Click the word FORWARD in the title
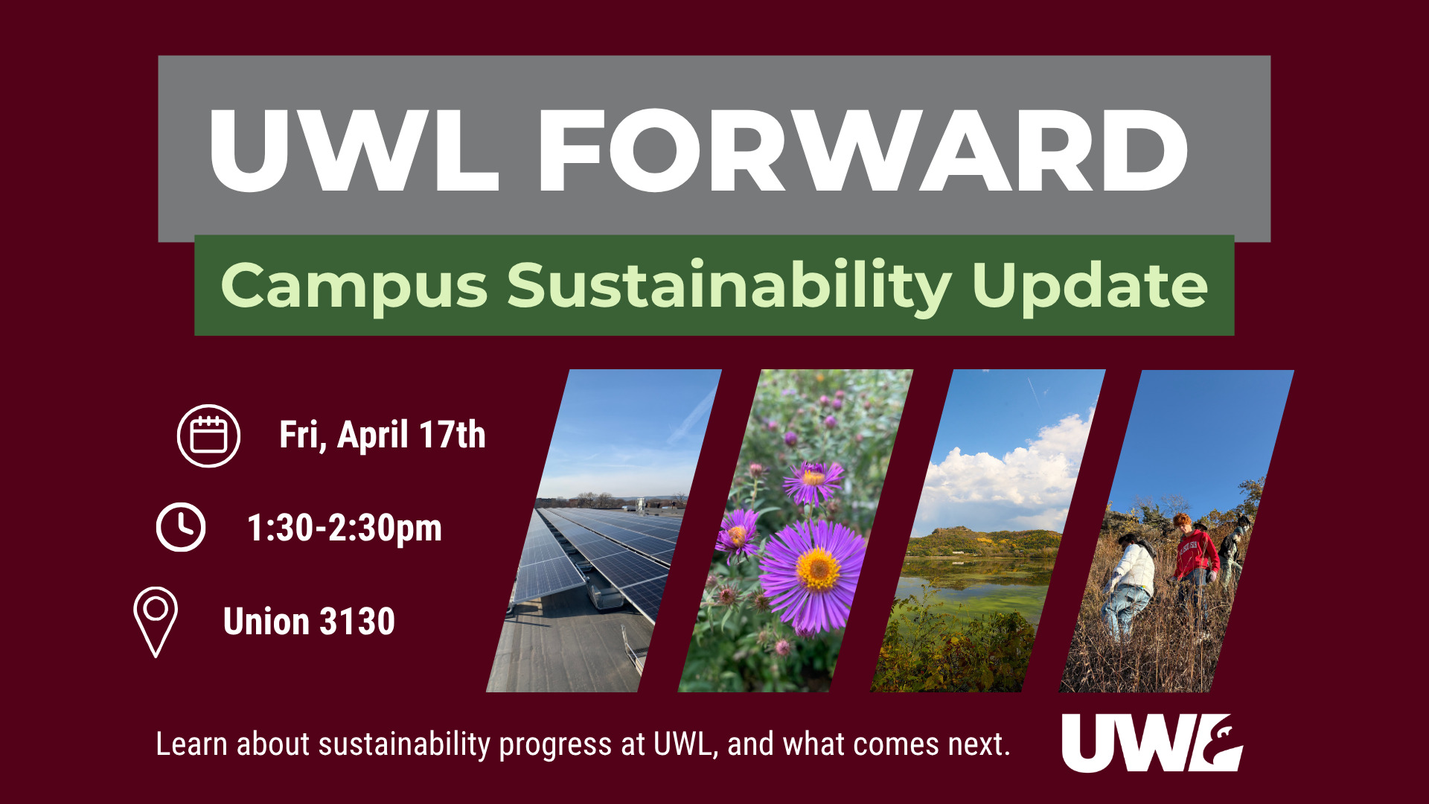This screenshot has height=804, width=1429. pyautogui.click(x=863, y=150)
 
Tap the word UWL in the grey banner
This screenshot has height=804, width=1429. pyautogui.click(x=354, y=150)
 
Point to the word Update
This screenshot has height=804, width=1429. pyautogui.click(x=1090, y=287)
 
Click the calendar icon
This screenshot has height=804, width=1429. pyautogui.click(x=208, y=435)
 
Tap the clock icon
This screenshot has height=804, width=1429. pyautogui.click(x=181, y=527)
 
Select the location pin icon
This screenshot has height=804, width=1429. pyautogui.click(x=156, y=622)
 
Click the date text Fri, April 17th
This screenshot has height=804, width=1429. pyautogui.click(x=382, y=435)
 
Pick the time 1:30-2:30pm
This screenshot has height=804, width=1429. pyautogui.click(x=345, y=529)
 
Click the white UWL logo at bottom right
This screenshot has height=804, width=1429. pyautogui.click(x=1152, y=743)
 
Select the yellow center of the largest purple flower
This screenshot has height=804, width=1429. pyautogui.click(x=818, y=569)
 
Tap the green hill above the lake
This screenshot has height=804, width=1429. pyautogui.click(x=982, y=541)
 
